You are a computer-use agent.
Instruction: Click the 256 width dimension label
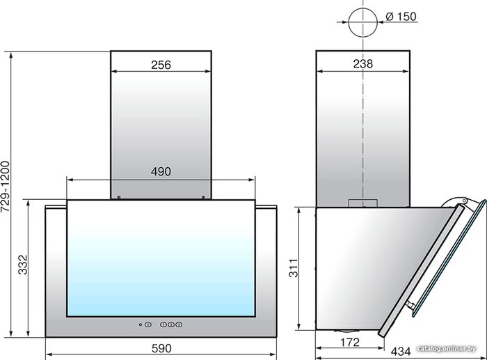[161, 65]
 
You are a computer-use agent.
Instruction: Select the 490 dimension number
[161, 171]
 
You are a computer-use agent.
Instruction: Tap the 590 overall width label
[161, 348]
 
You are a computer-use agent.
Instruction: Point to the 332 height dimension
[23, 265]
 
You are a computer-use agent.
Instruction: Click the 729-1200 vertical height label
[6, 187]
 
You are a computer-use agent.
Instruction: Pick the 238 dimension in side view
[362, 64]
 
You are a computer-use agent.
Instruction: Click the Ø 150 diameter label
[401, 17]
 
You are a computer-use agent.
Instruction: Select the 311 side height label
[294, 268]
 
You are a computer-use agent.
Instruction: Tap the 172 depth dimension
[350, 343]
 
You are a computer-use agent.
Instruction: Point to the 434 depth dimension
[401, 351]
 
